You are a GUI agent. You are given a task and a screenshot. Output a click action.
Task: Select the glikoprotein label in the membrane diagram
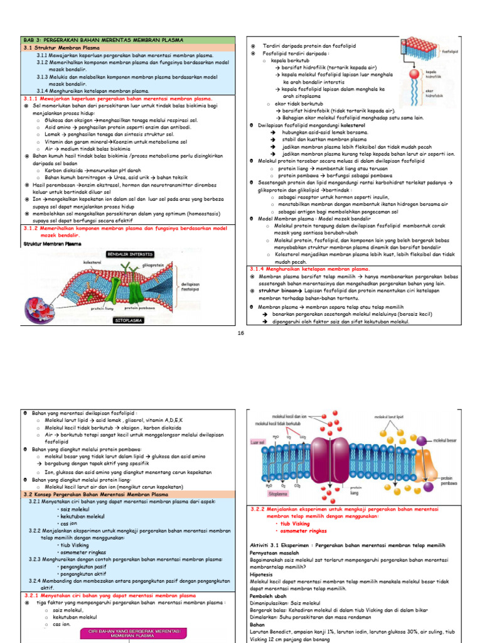tap(154, 265)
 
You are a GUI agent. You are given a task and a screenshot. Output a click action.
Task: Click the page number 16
tap(240, 333)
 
